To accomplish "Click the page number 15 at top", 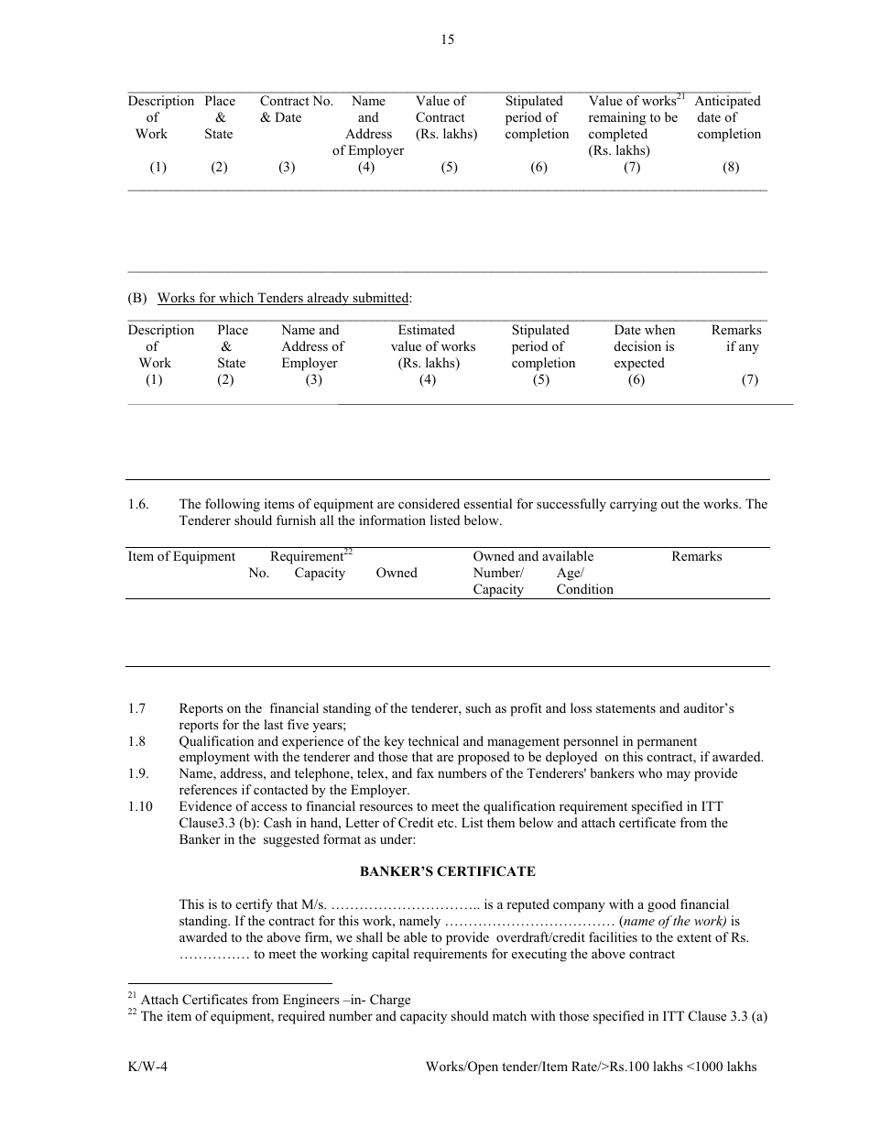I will point(447,39).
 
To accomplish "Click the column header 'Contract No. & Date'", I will point(296,109).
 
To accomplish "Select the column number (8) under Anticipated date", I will point(730,168).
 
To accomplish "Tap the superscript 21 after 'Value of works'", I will point(680,96).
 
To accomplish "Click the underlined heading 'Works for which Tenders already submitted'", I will point(283,298).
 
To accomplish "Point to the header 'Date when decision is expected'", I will point(644,346).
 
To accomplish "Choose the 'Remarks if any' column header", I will point(737,338).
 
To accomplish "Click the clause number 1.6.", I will point(138,505).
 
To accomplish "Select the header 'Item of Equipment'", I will point(181,557).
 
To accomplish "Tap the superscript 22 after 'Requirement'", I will point(348,552).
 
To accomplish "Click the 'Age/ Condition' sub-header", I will point(583,581).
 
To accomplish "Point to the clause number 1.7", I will point(136,709).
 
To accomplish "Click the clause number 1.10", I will point(140,806).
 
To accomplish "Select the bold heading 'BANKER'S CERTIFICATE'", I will point(447,871).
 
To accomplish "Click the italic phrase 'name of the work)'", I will point(675,922).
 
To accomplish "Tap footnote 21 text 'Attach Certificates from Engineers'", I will point(275,1001).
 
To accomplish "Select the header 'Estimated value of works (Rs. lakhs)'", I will point(428,346).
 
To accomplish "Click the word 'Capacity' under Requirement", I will point(320,574).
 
